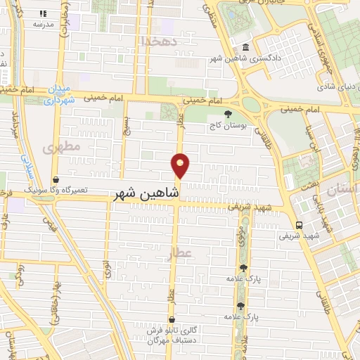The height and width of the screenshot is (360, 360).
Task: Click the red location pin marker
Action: tap(181, 165)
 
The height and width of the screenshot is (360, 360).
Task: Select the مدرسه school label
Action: tap(43, 24)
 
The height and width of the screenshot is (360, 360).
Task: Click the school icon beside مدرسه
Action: tap(43, 13)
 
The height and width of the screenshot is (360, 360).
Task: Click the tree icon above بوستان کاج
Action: tap(226, 114)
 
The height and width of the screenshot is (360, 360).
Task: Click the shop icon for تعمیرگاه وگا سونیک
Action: tap(55, 179)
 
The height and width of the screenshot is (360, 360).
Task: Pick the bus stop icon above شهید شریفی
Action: tap(300, 225)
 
